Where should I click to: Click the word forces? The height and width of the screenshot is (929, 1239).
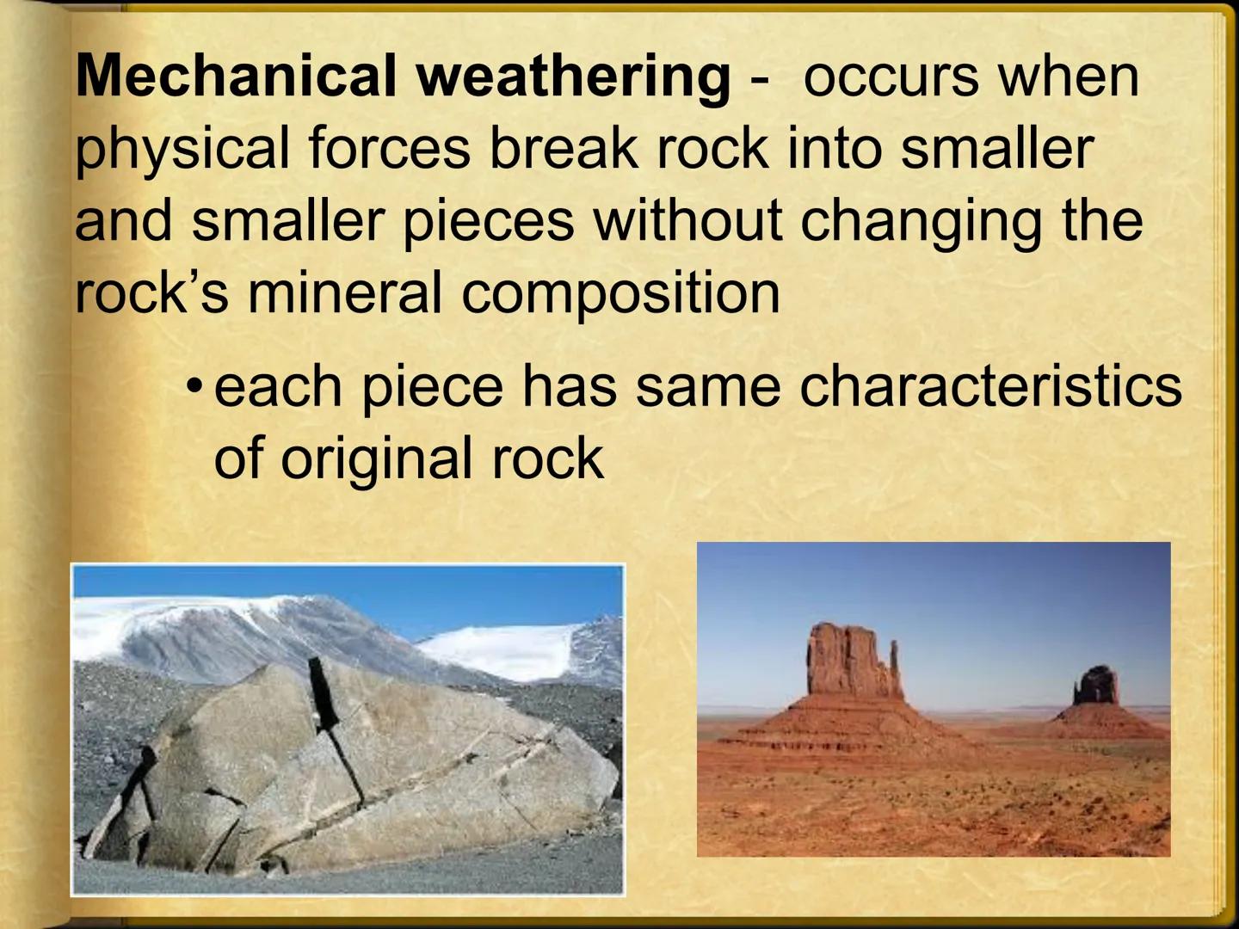coord(389,148)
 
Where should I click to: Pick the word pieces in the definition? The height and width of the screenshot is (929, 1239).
coord(488,222)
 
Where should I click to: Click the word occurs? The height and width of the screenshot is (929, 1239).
coord(891,77)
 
